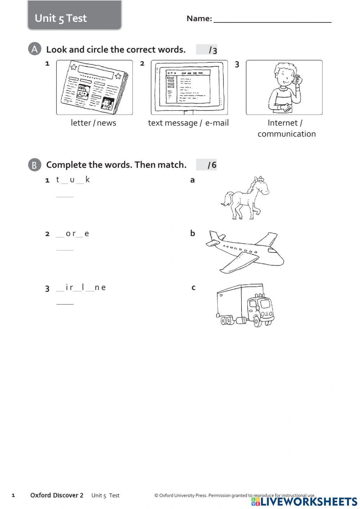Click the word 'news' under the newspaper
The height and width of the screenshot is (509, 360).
coord(107,123)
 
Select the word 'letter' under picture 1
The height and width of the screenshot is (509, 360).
coord(81,123)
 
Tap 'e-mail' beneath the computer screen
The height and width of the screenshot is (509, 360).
coord(217,123)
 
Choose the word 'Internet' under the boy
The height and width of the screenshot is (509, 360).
coord(283,123)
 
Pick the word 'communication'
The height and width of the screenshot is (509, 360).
coord(287,134)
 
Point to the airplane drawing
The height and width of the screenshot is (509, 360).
coord(245,251)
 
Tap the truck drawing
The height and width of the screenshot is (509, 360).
coord(245,305)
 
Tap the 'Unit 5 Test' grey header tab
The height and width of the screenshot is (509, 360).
coord(75,16)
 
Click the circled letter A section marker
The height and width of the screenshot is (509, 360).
coord(34,49)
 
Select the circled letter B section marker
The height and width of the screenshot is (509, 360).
coord(34,165)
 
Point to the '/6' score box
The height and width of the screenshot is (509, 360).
coord(207,165)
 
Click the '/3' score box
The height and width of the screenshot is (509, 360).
coord(207,50)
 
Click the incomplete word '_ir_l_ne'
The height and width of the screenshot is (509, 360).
coord(81,287)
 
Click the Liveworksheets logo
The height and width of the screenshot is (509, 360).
coord(304,501)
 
